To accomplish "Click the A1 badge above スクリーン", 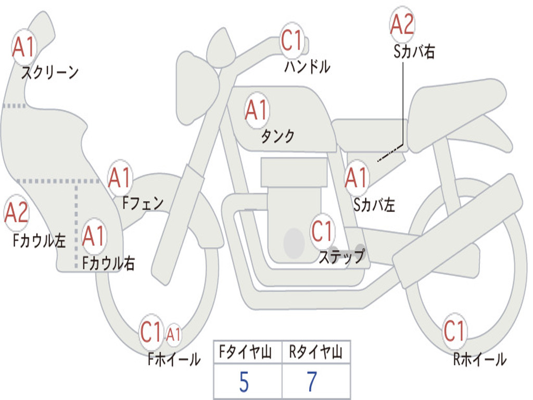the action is pyautogui.click(x=23, y=47).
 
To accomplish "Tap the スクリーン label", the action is pyautogui.click(x=49, y=72).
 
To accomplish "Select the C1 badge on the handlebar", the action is pyautogui.click(x=292, y=40).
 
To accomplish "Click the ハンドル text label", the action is pyautogui.click(x=307, y=66).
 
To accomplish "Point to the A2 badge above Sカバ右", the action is pyautogui.click(x=402, y=24).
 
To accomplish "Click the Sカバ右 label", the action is pyautogui.click(x=414, y=52).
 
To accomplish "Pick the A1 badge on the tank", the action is pyautogui.click(x=257, y=110).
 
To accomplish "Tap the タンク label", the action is pyautogui.click(x=277, y=136).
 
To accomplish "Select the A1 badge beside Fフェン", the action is pyautogui.click(x=120, y=178).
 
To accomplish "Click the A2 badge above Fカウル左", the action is pyautogui.click(x=16, y=213).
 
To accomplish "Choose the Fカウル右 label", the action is pyautogui.click(x=108, y=263).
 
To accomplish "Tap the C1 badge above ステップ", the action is pyautogui.click(x=322, y=231).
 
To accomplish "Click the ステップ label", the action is pyautogui.click(x=341, y=256).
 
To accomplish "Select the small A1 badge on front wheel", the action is pyautogui.click(x=173, y=334).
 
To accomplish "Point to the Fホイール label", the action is pyautogui.click(x=174, y=359).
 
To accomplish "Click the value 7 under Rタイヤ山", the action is pyautogui.click(x=312, y=382).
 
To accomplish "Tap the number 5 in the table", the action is pyautogui.click(x=244, y=382).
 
